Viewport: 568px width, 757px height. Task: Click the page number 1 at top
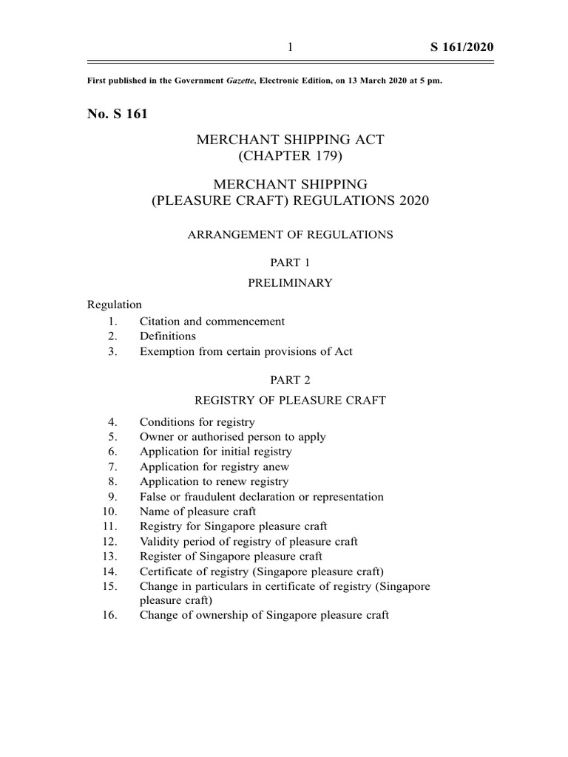pyautogui.click(x=290, y=47)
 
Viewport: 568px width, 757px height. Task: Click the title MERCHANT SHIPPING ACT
pyautogui.click(x=289, y=140)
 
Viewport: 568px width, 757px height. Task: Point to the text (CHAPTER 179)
pyautogui.click(x=289, y=156)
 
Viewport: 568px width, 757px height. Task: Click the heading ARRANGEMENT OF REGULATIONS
pyautogui.click(x=289, y=235)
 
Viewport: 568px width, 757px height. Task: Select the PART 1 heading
pyautogui.click(x=289, y=262)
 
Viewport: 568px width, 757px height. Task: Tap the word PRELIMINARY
pyautogui.click(x=289, y=282)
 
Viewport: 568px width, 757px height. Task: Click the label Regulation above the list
pyautogui.click(x=115, y=305)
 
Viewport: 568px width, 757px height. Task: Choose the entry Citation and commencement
pyautogui.click(x=212, y=322)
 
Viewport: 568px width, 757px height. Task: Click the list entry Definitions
pyautogui.click(x=168, y=336)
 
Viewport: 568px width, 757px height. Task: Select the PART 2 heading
pyautogui.click(x=289, y=380)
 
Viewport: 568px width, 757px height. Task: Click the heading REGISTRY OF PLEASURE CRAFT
pyautogui.click(x=289, y=400)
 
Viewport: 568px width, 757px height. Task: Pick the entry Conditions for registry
pyautogui.click(x=197, y=422)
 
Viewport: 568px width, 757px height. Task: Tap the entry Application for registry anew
pyautogui.click(x=214, y=466)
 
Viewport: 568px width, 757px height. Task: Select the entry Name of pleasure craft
pyautogui.click(x=198, y=512)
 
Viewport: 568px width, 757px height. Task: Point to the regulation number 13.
pyautogui.click(x=111, y=556)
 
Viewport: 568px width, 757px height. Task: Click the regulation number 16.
pyautogui.click(x=111, y=615)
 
